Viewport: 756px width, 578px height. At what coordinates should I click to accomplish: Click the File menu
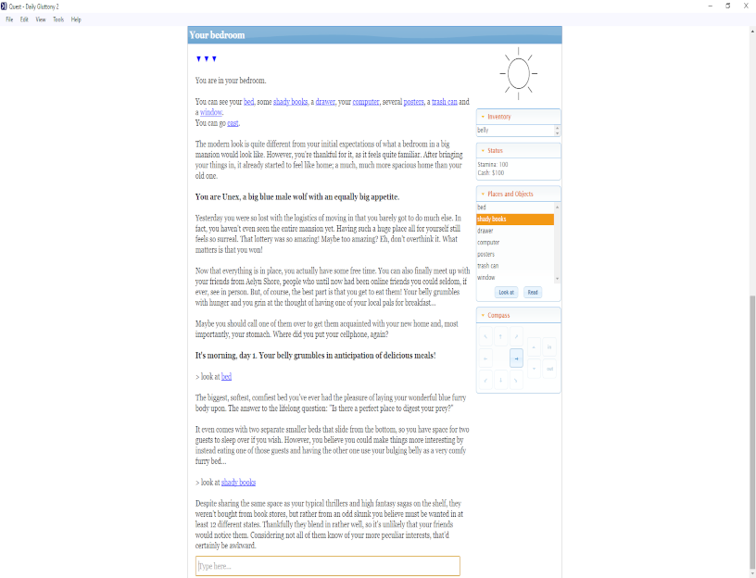coord(8,19)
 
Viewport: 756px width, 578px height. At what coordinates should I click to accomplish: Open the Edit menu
coord(24,19)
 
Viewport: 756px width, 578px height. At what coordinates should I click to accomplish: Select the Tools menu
coord(58,19)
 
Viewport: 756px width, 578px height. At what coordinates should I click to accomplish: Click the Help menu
coord(76,19)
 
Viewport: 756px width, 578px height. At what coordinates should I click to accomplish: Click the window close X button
coord(746,6)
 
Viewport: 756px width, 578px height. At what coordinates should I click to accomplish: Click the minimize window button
coord(710,6)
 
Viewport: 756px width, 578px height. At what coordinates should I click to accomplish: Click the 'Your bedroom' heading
coord(217,35)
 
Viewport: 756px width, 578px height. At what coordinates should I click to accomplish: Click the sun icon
coord(518,72)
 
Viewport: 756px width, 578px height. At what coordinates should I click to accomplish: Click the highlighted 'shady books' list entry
coord(514,220)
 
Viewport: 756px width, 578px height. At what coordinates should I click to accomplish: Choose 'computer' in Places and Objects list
coord(488,243)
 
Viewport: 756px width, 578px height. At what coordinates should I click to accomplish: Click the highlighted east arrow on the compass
coord(516,358)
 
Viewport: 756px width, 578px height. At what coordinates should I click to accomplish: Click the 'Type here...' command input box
coord(327,566)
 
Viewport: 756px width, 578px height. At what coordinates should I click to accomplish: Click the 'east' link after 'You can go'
coord(233,123)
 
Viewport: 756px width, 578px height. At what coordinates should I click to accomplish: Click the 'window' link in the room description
coord(210,112)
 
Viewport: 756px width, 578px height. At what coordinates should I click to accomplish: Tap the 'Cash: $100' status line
coord(491,173)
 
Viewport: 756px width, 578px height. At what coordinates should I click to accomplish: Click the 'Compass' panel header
coord(498,315)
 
